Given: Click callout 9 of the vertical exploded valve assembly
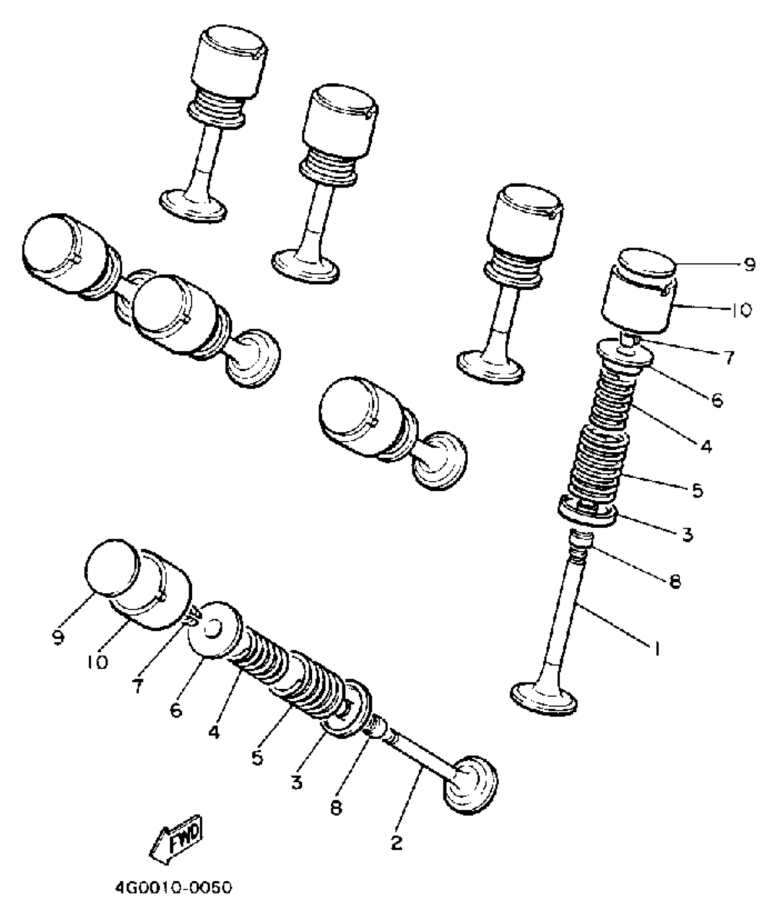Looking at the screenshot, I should (749, 265).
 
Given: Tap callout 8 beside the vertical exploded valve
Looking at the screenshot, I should (674, 581).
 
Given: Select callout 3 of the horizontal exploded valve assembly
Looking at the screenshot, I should (297, 782).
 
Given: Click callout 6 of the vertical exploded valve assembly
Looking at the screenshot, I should (717, 400).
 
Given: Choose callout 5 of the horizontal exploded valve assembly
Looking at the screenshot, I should (257, 758).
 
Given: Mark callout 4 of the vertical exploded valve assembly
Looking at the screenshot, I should (706, 445).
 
